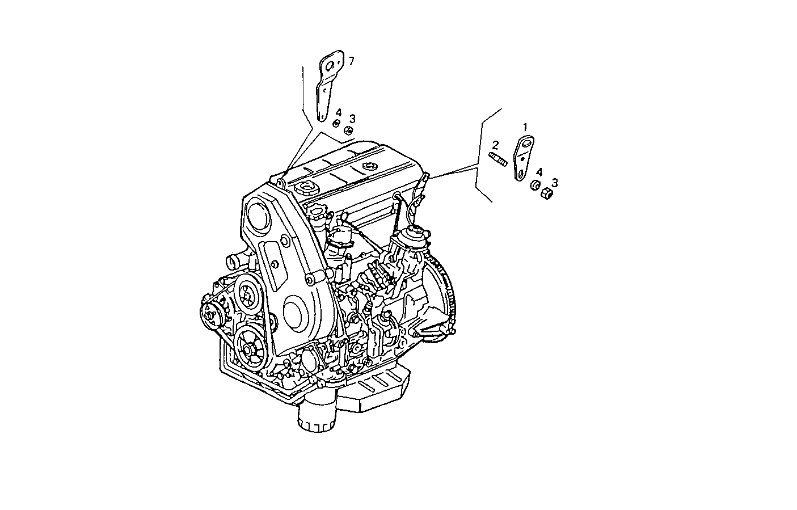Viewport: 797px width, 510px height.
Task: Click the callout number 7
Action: (x=351, y=61)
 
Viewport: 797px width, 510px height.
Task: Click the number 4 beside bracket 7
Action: (x=339, y=112)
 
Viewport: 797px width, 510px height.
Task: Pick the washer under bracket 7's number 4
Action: (x=336, y=124)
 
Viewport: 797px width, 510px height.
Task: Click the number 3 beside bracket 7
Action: (x=352, y=118)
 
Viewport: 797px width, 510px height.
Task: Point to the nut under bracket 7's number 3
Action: (x=348, y=130)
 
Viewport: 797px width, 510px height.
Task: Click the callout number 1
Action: (x=525, y=127)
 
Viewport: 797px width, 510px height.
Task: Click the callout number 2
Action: (x=495, y=145)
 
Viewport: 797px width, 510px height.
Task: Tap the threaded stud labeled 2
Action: (x=497, y=159)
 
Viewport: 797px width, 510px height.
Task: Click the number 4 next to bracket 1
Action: (x=539, y=172)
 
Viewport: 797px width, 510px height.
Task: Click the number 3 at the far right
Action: (x=554, y=182)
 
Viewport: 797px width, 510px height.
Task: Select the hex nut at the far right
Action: (x=547, y=193)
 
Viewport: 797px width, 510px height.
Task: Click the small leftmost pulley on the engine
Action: (x=211, y=315)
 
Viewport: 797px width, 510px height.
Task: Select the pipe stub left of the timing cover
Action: (x=234, y=262)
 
